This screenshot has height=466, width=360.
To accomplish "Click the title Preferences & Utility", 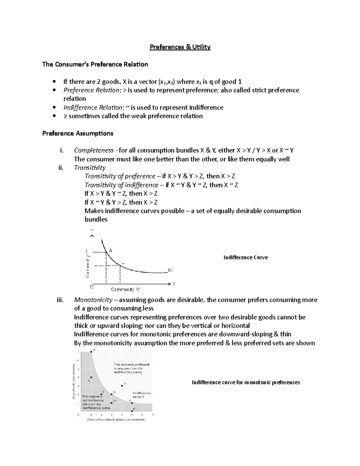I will [180, 47].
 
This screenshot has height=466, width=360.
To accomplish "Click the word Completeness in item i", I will [94, 150].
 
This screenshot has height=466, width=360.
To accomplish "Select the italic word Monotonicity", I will [93, 300].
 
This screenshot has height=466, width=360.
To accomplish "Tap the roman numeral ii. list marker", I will [61, 167].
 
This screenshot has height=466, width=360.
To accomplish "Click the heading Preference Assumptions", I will [78, 133].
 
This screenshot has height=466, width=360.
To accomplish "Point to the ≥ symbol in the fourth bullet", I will [65, 116].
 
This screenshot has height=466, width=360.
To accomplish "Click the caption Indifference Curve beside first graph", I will [245, 257].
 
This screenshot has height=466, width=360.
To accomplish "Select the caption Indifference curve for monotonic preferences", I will [246, 382].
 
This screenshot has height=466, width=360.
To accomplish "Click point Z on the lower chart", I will [122, 386].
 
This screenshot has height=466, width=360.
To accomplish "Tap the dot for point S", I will [91, 377].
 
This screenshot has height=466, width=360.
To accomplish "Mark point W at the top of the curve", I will [91, 352].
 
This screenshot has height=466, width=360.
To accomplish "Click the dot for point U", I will [112, 401].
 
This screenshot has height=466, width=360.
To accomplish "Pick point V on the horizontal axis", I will [132, 411].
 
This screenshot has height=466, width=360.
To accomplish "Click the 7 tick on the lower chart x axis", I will [152, 415].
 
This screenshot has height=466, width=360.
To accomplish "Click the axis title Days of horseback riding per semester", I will [116, 419].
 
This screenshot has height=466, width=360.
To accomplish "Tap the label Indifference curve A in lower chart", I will [142, 395].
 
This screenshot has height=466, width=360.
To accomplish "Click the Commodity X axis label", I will [125, 290].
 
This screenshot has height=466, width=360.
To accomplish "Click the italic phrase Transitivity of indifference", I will [121, 185].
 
